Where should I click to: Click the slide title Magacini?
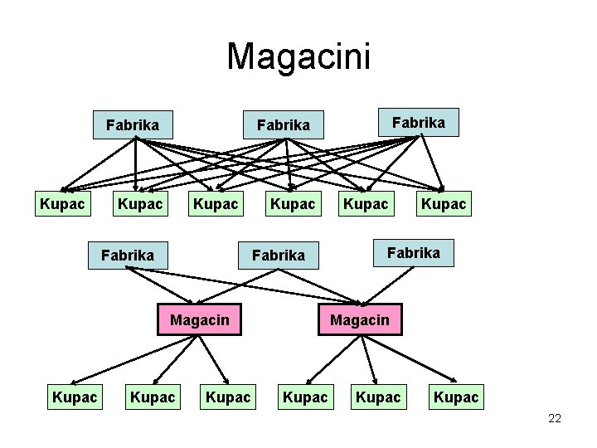(x=298, y=56)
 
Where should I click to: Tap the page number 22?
(x=555, y=419)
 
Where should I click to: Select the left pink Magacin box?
(x=200, y=319)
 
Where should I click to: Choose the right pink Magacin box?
(x=360, y=319)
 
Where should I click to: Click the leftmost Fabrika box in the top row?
(x=133, y=125)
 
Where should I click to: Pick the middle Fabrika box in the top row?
(x=283, y=125)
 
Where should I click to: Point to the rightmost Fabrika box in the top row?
(x=418, y=122)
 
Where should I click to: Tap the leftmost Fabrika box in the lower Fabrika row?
(x=127, y=255)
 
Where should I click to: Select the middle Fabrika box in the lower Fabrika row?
(x=278, y=255)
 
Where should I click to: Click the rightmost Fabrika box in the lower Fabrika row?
(x=414, y=252)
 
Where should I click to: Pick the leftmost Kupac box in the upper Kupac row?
(x=62, y=203)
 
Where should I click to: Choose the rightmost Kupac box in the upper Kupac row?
(x=444, y=203)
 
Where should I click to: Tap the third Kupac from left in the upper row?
(x=215, y=203)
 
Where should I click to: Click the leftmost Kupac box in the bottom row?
(x=75, y=397)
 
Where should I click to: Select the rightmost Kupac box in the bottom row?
(x=455, y=397)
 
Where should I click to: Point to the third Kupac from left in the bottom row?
(x=228, y=397)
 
